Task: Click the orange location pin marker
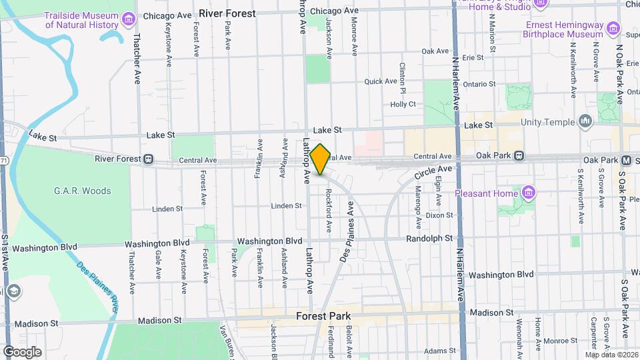[320, 159]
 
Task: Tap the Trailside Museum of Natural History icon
[129, 19]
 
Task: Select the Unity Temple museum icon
[585, 121]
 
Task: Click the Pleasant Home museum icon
[529, 193]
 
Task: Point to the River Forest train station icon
[149, 159]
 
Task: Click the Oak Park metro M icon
[626, 161]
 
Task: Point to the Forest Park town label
[324, 316]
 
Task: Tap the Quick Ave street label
[381, 81]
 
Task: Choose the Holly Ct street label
[403, 104]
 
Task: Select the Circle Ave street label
[433, 172]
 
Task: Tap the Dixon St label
[439, 215]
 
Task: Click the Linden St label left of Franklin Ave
[167, 209]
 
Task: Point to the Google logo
[22, 351]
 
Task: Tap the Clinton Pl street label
[403, 77]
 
